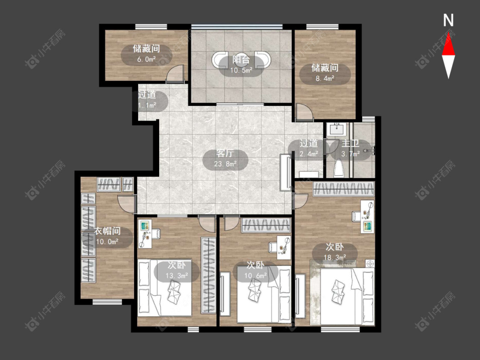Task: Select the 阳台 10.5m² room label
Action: click(x=241, y=64)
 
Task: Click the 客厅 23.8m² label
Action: click(x=225, y=159)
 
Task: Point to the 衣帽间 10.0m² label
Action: click(x=107, y=237)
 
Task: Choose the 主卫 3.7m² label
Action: click(x=351, y=149)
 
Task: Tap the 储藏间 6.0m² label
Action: click(x=146, y=54)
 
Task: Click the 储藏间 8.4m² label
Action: click(x=325, y=73)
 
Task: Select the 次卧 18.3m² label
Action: click(x=335, y=252)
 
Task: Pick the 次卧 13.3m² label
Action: click(x=177, y=270)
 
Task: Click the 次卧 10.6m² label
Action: click(x=255, y=270)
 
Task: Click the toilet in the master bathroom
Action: click(x=338, y=168)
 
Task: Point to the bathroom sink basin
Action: click(x=337, y=129)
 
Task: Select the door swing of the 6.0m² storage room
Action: click(x=176, y=73)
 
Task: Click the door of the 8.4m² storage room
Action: click(x=304, y=112)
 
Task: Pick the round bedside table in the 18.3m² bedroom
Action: click(x=370, y=264)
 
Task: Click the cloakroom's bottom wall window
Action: click(x=107, y=302)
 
